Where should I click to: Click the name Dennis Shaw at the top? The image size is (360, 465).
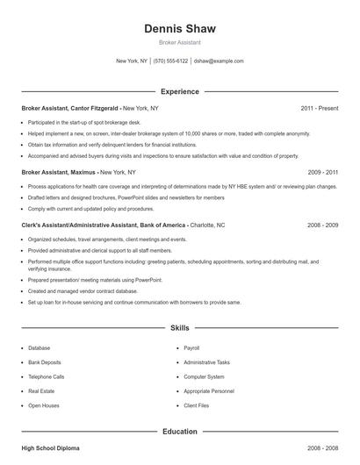[179, 29]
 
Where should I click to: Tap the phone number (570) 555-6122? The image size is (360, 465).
[170, 61]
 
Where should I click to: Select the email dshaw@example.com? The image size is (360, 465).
[219, 61]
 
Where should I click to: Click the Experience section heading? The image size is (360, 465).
[179, 91]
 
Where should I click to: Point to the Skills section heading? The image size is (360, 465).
[179, 328]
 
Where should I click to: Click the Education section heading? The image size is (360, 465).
[179, 431]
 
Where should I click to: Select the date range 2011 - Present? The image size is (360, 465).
[319, 108]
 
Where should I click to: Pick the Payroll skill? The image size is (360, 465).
[191, 348]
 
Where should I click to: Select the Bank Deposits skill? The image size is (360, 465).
[45, 362]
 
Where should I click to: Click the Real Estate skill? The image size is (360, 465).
[41, 391]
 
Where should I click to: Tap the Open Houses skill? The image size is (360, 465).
[43, 405]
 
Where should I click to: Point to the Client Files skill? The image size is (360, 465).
[196, 405]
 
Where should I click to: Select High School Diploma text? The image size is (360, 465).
[50, 448]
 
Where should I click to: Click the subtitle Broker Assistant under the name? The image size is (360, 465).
[179, 43]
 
